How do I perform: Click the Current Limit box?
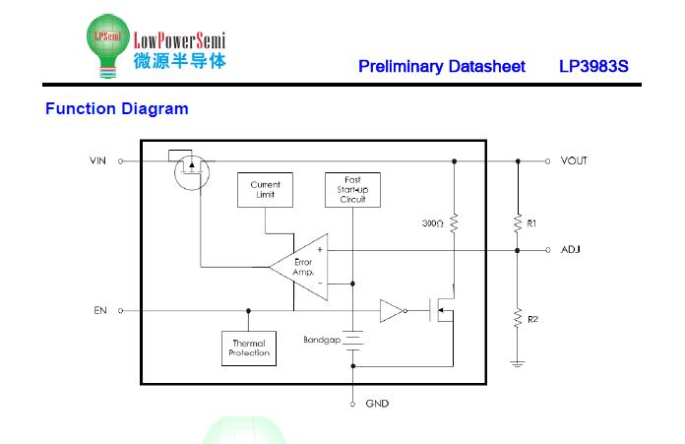[265, 190]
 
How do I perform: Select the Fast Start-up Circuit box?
[353, 190]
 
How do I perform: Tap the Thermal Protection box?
[249, 349]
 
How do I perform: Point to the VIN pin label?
[97, 160]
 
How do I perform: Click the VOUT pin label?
[574, 160]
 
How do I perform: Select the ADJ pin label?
[571, 250]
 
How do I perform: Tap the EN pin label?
[100, 310]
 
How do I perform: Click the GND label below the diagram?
[377, 404]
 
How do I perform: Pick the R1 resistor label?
[532, 224]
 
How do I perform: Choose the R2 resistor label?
[532, 319]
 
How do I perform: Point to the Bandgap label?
[322, 339]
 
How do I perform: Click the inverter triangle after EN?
[391, 311]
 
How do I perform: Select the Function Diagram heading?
[116, 109]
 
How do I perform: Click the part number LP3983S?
[593, 67]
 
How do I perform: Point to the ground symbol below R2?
[517, 362]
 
